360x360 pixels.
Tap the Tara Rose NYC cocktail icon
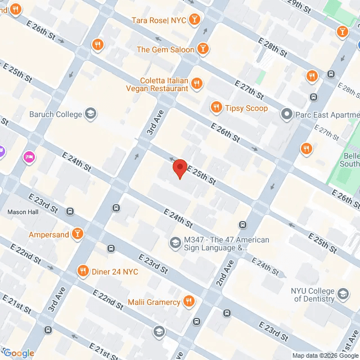[x=194, y=20]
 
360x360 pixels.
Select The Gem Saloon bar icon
[x=203, y=49]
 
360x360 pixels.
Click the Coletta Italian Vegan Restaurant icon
[x=196, y=84]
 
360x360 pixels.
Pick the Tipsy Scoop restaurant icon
[x=215, y=107]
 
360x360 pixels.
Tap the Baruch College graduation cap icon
[x=89, y=114]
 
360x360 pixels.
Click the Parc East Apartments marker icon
[x=287, y=115]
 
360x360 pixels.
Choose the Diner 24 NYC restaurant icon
[x=84, y=271]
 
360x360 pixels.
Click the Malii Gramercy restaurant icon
[x=189, y=302]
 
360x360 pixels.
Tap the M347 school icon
[x=175, y=243]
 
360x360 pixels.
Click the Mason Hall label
[x=22, y=212]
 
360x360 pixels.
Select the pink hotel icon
[x=28, y=156]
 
